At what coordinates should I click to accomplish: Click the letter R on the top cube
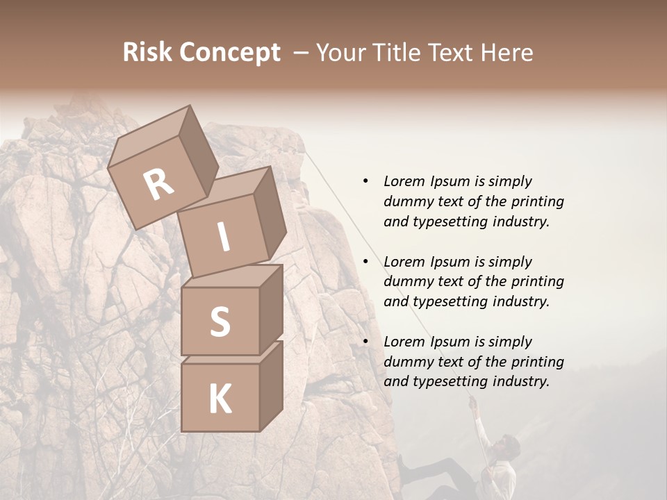[x=158, y=184]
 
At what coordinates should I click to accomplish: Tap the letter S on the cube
[x=220, y=322]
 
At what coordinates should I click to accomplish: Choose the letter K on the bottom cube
[x=220, y=399]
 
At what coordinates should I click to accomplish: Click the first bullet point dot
[x=365, y=181]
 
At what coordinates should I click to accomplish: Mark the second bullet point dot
[x=365, y=262]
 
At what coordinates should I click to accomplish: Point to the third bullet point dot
[x=365, y=342]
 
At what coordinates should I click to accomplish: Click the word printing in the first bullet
[x=537, y=202]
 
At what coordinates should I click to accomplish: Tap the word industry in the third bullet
[x=522, y=381]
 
